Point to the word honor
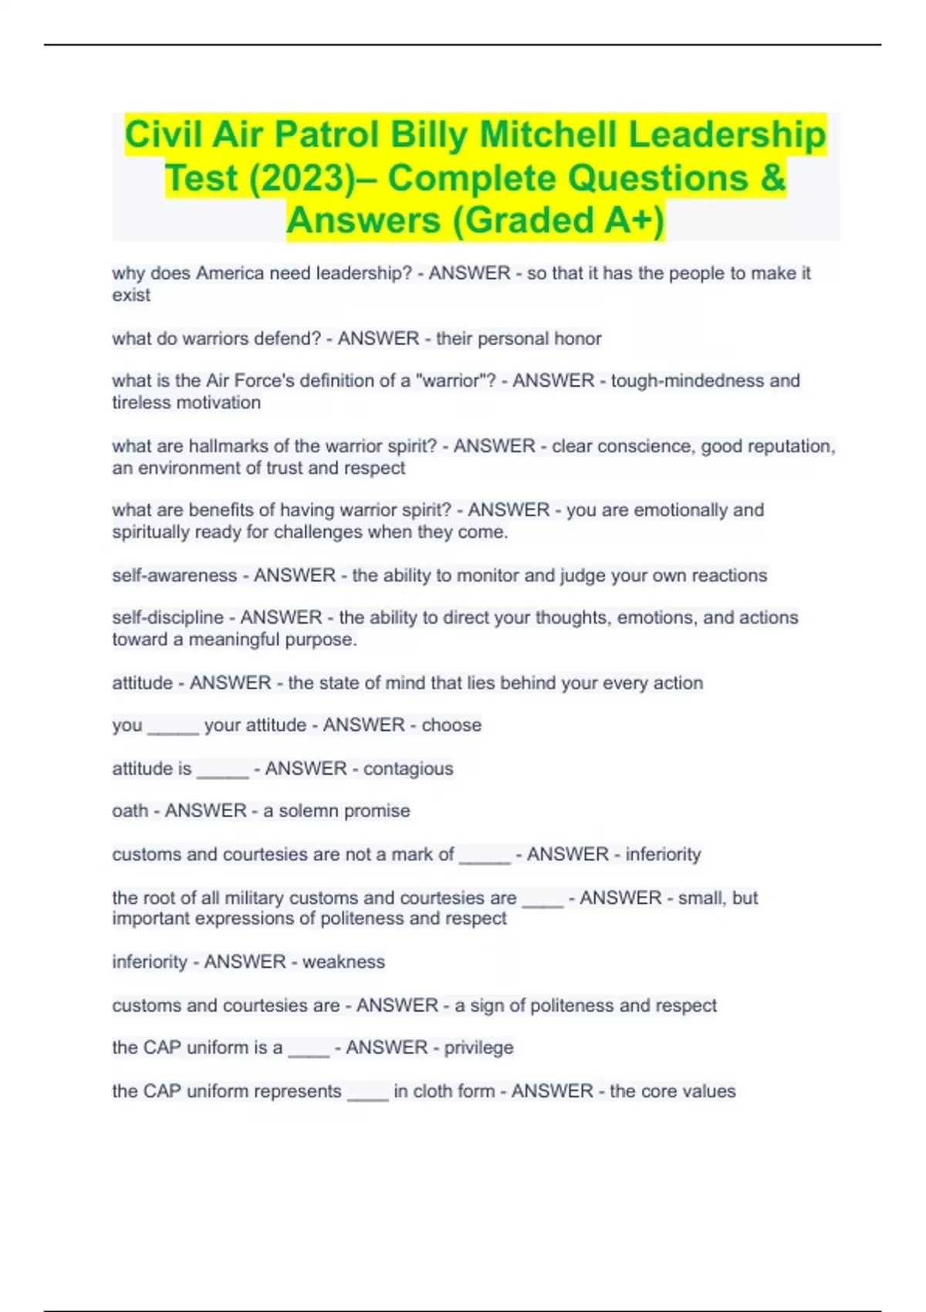[578, 339]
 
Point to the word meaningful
[235, 640]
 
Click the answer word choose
[451, 725]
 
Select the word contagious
[408, 769]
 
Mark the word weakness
[343, 962]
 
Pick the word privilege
[478, 1048]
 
